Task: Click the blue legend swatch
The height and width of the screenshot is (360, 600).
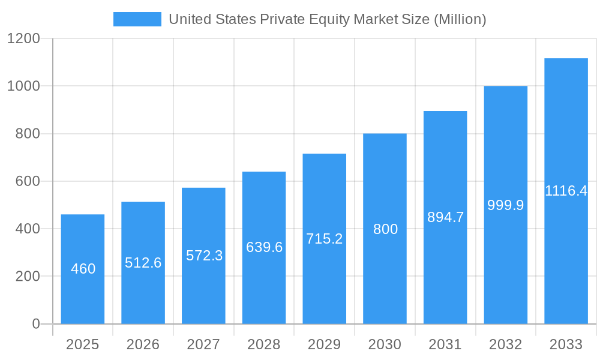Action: pyautogui.click(x=137, y=19)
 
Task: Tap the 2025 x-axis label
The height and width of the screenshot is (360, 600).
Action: pyautogui.click(x=82, y=344)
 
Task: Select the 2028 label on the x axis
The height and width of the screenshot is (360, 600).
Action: pyautogui.click(x=263, y=344)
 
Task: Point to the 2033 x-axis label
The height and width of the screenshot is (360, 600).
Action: pyautogui.click(x=566, y=344)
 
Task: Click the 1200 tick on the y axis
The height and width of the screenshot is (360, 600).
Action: pyautogui.click(x=23, y=39)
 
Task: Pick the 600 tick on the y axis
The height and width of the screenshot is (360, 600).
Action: pyautogui.click(x=28, y=181)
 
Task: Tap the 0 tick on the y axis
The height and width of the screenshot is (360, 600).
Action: pyautogui.click(x=35, y=324)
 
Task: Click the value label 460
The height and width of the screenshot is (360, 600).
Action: pyautogui.click(x=83, y=269)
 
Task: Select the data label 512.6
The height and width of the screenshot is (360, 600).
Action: pyautogui.click(x=143, y=263)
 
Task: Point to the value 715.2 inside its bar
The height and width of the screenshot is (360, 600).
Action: pyautogui.click(x=324, y=239)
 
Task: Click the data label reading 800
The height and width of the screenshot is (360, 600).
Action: pyautogui.click(x=385, y=229)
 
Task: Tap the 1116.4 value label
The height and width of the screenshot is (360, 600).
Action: pyautogui.click(x=566, y=191)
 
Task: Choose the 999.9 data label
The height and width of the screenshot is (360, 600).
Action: pyautogui.click(x=505, y=205)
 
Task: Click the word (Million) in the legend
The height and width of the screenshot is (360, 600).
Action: pyautogui.click(x=460, y=19)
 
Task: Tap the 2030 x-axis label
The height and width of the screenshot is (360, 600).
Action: pyautogui.click(x=385, y=344)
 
